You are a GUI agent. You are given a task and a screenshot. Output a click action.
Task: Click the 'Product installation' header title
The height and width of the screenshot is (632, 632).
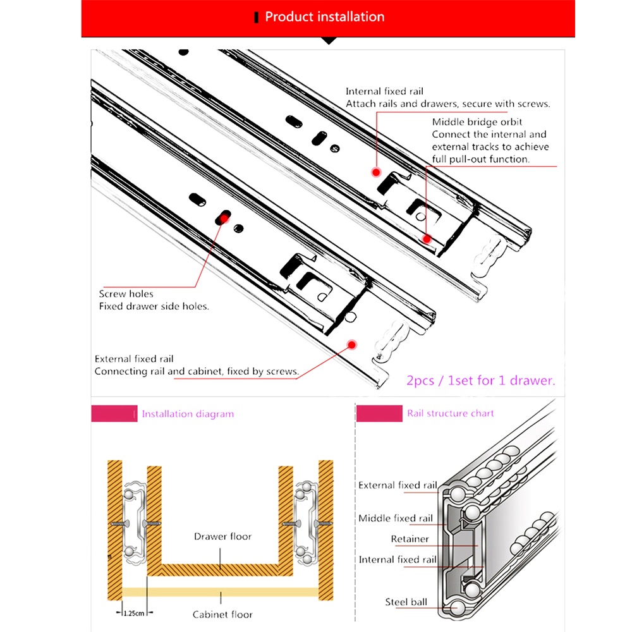pyautogui.click(x=324, y=17)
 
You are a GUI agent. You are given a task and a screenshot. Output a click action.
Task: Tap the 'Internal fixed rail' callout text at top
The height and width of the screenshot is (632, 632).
pyautogui.click(x=375, y=92)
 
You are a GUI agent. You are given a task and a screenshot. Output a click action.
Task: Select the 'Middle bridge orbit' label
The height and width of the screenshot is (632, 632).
pyautogui.click(x=477, y=122)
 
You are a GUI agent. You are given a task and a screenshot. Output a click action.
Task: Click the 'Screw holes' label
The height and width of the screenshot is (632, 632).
pyautogui.click(x=126, y=294)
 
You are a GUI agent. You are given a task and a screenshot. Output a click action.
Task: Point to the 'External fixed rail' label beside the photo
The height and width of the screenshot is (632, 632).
pyautogui.click(x=134, y=359)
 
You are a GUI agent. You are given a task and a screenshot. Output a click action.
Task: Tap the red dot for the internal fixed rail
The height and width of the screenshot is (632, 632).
pyautogui.click(x=376, y=172)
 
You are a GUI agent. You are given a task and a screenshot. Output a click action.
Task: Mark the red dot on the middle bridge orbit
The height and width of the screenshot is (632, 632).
pyautogui.click(x=427, y=238)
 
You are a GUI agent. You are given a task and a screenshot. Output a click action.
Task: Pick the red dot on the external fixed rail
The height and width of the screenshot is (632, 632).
pyautogui.click(x=352, y=344)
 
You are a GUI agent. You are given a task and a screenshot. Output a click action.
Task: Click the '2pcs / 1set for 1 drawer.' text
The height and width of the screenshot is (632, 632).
pyautogui.click(x=481, y=380)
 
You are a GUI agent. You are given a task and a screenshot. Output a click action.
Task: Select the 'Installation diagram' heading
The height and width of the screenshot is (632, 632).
pyautogui.click(x=188, y=414)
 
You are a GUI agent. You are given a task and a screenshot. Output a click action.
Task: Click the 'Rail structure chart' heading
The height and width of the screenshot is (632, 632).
pyautogui.click(x=451, y=413)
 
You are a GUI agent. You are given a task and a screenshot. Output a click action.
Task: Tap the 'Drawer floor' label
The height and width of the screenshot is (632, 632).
pyautogui.click(x=222, y=537)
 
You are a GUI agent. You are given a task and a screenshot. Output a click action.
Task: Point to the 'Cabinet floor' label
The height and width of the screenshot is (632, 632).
pyautogui.click(x=222, y=614)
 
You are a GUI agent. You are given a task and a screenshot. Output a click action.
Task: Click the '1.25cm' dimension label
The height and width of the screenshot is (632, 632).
pyautogui.click(x=133, y=613)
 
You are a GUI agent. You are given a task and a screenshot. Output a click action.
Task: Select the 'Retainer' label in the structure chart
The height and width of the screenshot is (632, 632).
pyautogui.click(x=410, y=539)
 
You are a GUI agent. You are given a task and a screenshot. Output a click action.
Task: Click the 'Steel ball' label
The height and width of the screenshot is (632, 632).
pyautogui.click(x=406, y=602)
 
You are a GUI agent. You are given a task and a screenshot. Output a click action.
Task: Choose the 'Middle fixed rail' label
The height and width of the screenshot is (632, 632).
pyautogui.click(x=396, y=518)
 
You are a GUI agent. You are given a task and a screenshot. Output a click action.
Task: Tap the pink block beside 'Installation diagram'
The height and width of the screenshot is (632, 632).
pyautogui.click(x=114, y=413)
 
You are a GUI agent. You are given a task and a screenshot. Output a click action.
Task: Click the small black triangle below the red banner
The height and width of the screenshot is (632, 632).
pyautogui.click(x=328, y=40)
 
